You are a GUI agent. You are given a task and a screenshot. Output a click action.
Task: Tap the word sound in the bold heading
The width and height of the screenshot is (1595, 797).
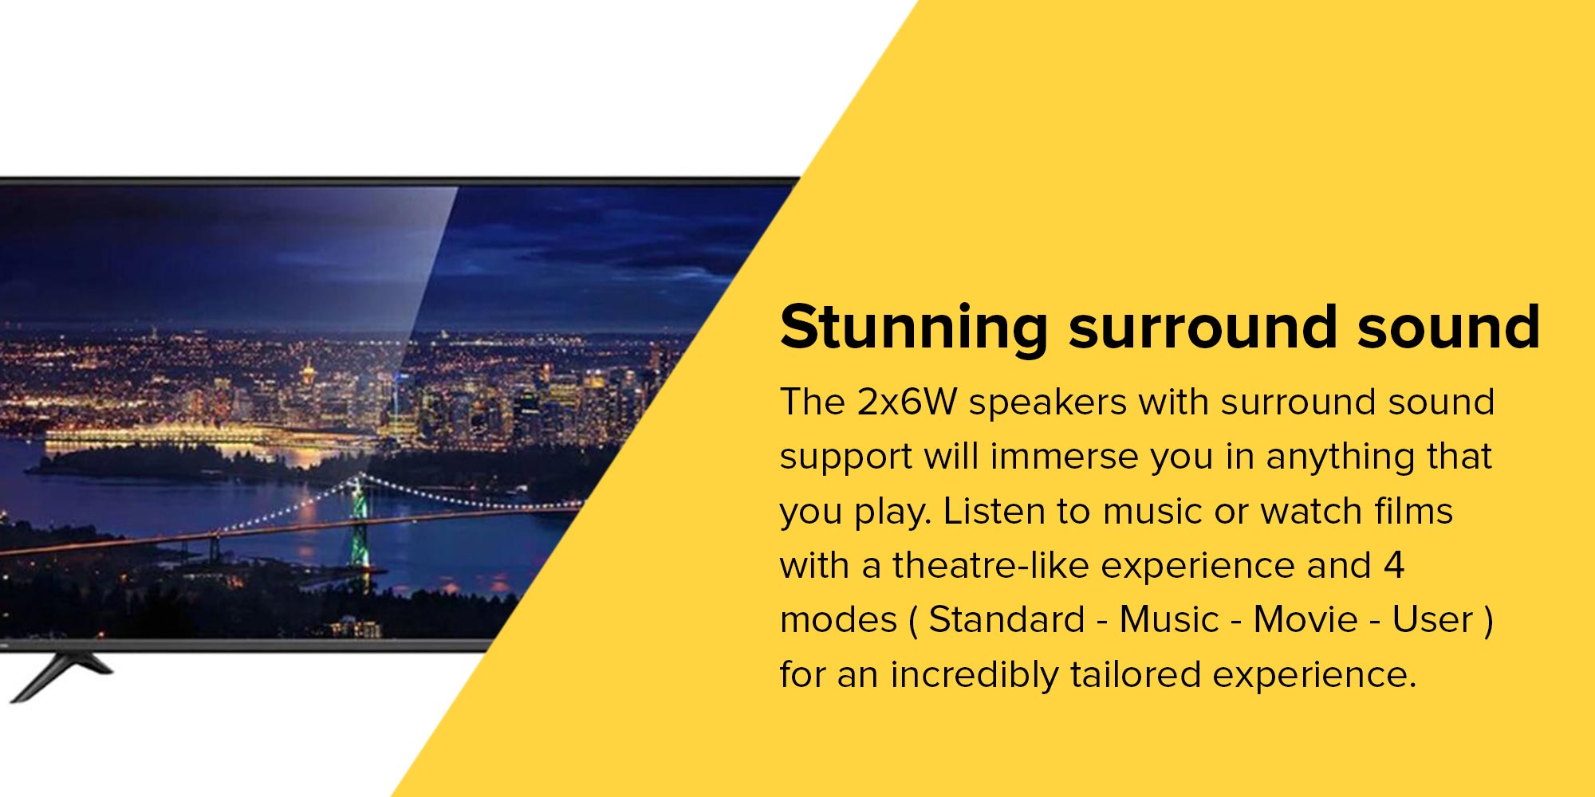point(1448,327)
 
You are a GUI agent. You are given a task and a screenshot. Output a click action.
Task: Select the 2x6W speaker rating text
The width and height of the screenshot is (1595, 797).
point(907,402)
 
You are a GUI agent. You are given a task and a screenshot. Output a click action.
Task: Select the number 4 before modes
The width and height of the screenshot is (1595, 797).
point(1393,565)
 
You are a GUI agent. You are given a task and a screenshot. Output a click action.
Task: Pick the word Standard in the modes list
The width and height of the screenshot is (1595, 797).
point(1007,619)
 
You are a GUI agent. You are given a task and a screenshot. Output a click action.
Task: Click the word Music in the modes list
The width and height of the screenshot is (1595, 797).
point(1169,619)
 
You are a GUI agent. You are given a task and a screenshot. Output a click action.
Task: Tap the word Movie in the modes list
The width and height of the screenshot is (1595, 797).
point(1306,619)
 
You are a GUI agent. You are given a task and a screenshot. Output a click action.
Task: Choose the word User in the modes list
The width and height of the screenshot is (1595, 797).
point(1432,619)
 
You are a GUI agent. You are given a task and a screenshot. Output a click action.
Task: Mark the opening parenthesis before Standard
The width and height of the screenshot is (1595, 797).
point(913,622)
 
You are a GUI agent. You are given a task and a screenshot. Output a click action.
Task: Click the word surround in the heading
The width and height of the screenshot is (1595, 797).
point(1203,327)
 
